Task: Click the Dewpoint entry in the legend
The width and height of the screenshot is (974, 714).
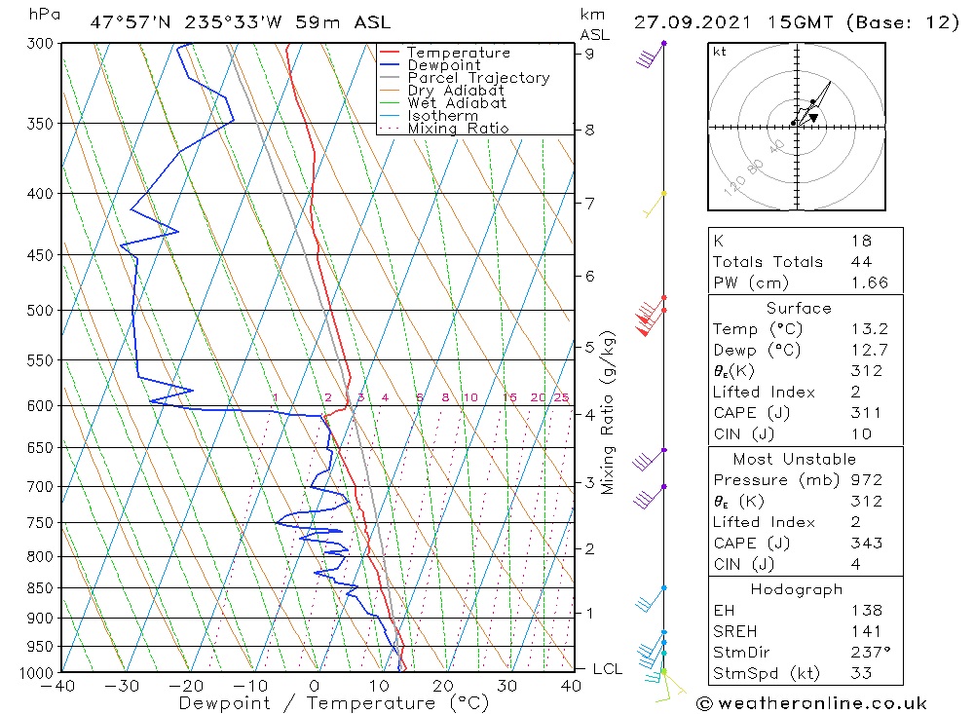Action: point(443,65)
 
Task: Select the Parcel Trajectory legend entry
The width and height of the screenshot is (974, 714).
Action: point(477,78)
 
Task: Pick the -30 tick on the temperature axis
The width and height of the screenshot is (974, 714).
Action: point(123,686)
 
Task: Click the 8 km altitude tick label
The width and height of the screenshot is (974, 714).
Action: point(589,130)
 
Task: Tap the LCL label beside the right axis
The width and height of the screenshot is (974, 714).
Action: point(607,669)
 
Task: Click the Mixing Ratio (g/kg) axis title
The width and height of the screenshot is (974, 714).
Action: point(609,413)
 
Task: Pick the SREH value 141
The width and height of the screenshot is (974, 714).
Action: point(865,631)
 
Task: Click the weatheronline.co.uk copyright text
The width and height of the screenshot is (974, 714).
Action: point(811,703)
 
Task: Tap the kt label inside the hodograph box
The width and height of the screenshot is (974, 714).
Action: point(719,52)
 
